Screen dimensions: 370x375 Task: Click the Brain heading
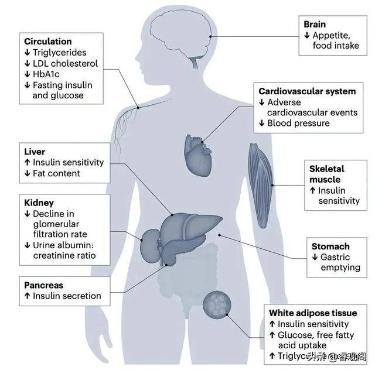tap(315, 24)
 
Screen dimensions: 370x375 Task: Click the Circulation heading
tap(48, 42)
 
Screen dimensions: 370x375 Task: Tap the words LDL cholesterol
tap(65, 63)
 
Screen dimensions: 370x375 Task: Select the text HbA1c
tap(47, 74)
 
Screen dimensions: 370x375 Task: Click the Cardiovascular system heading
tap(307, 91)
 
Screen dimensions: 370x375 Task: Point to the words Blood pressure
tap(298, 123)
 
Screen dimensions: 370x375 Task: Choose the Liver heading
tap(35, 152)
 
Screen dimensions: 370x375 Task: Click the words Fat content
tap(56, 173)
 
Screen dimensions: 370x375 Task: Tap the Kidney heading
tap(39, 203)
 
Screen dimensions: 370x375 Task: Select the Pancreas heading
tap(44, 285)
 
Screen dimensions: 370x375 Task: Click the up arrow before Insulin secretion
tap(27, 296)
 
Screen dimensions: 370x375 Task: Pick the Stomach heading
tap(330, 246)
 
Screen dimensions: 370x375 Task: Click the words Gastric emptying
tap(340, 262)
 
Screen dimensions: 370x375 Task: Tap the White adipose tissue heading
tap(309, 313)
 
